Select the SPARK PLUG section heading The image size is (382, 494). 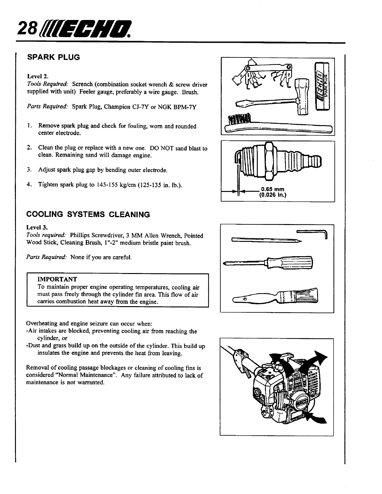tap(54, 57)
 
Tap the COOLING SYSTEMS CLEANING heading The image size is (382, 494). tap(89, 214)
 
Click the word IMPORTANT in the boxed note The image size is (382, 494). tap(57, 279)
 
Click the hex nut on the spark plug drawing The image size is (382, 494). tap(269, 161)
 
